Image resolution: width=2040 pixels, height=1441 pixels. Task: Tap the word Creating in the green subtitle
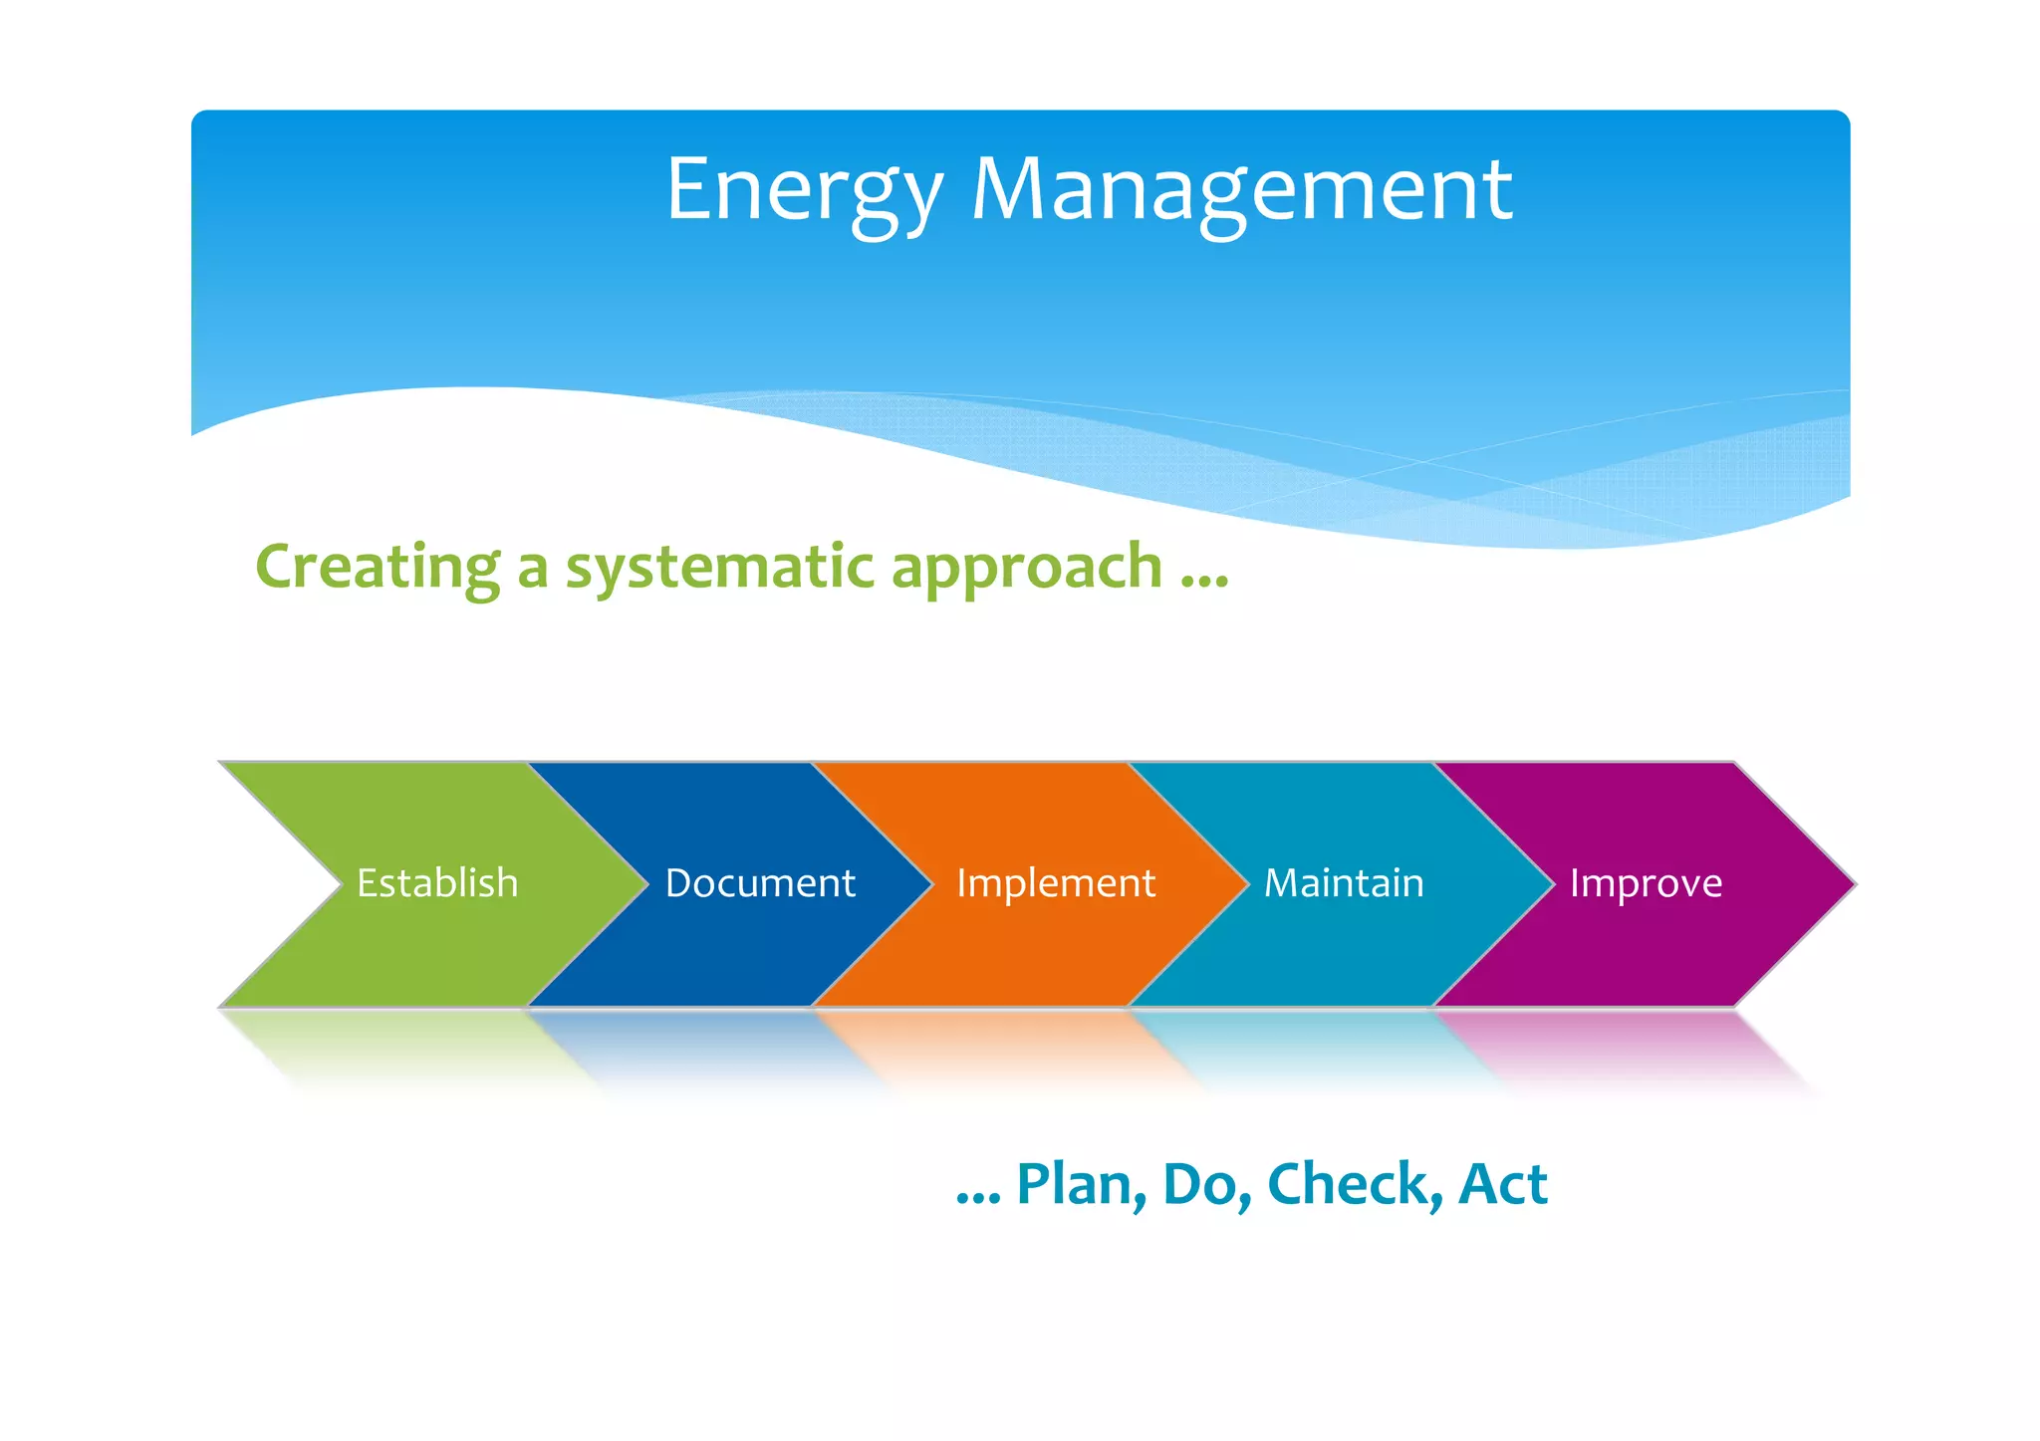[x=378, y=568]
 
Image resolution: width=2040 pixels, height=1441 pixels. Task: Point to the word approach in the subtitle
[x=1026, y=568]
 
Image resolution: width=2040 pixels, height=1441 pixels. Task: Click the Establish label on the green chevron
[x=437, y=883]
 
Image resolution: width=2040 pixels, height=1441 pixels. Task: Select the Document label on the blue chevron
[x=760, y=883]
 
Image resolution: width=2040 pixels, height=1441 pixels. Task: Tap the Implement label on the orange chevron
[x=1056, y=883]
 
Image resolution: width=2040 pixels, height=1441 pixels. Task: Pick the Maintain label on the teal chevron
[x=1344, y=883]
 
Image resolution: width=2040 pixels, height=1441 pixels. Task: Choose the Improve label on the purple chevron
[x=1646, y=883]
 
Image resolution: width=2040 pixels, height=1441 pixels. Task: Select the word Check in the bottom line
[x=1354, y=1185]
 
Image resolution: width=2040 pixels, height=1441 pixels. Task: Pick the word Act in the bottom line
[x=1502, y=1185]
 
